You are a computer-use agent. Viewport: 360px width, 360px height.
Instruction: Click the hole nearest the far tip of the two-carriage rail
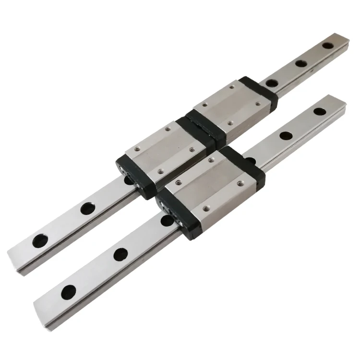click(x=328, y=46)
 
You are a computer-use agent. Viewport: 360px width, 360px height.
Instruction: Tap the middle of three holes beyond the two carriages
click(x=301, y=63)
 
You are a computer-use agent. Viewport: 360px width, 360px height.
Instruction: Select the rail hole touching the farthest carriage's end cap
click(x=271, y=83)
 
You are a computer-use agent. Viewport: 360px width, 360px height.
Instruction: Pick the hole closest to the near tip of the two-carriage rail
click(x=38, y=241)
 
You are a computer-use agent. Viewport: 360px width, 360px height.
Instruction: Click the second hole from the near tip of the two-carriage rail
click(x=87, y=208)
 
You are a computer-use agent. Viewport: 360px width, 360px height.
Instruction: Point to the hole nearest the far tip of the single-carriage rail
click(x=319, y=111)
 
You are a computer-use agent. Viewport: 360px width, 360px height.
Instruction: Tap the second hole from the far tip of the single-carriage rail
click(x=287, y=136)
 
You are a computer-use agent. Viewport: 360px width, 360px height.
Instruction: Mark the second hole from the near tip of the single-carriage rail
click(x=120, y=254)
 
